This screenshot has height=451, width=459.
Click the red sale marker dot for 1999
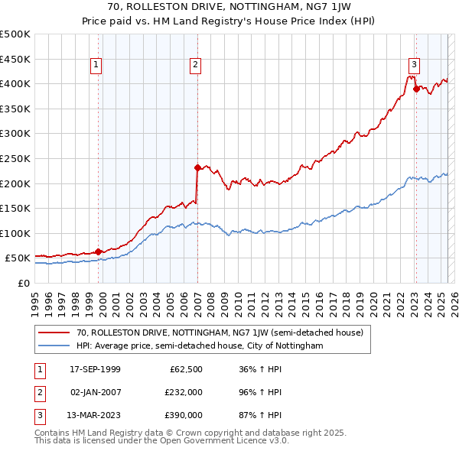click(99, 251)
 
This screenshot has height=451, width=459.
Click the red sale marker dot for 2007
click(197, 167)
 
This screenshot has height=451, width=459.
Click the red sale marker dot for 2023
click(416, 88)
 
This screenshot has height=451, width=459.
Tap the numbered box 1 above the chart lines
click(96, 66)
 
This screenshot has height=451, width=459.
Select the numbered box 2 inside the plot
click(196, 66)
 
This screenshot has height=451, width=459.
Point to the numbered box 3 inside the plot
click(414, 66)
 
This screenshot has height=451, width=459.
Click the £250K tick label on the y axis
click(15, 158)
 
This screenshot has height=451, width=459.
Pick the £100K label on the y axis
click(15, 233)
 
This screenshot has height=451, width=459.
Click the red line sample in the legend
click(53, 333)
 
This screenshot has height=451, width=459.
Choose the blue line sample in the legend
click(53, 346)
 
